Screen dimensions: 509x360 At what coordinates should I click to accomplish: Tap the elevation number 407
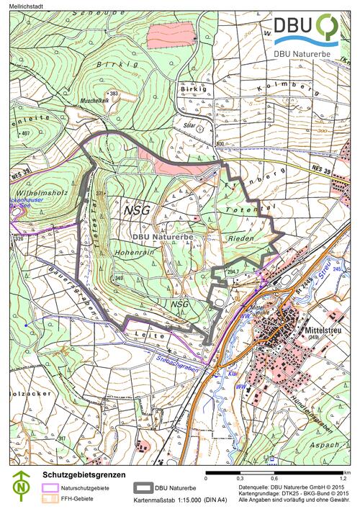pos(24,134)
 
